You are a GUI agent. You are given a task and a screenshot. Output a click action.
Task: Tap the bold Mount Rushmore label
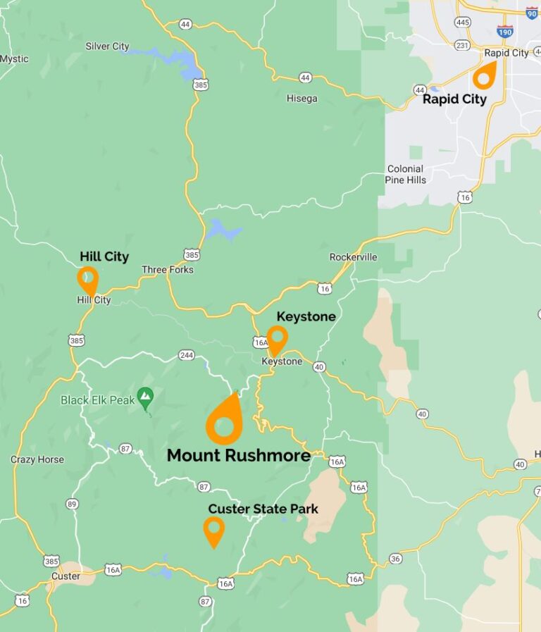click(238, 456)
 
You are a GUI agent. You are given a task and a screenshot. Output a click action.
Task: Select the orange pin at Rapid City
click(484, 74)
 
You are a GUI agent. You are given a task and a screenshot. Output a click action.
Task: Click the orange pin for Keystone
click(277, 339)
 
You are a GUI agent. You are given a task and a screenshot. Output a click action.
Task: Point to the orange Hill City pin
click(88, 280)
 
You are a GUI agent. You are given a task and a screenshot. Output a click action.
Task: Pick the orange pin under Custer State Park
click(213, 531)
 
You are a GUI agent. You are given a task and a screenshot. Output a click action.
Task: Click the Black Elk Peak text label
click(97, 400)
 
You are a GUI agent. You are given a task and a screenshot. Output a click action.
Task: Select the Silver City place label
click(107, 47)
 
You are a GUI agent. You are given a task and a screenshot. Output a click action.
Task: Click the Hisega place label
click(301, 99)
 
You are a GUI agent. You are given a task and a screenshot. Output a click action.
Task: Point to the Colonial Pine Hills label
click(405, 174)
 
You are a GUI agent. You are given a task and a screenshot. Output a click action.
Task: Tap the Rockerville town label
click(353, 257)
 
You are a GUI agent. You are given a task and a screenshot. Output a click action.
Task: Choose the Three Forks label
click(167, 270)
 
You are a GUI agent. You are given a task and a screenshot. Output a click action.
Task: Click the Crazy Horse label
click(37, 459)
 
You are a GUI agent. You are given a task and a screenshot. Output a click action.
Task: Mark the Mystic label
click(14, 59)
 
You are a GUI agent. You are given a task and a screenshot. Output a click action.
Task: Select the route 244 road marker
click(187, 355)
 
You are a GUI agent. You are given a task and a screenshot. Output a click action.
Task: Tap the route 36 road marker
click(395, 559)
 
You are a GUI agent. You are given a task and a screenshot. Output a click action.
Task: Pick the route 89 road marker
click(72, 504)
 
